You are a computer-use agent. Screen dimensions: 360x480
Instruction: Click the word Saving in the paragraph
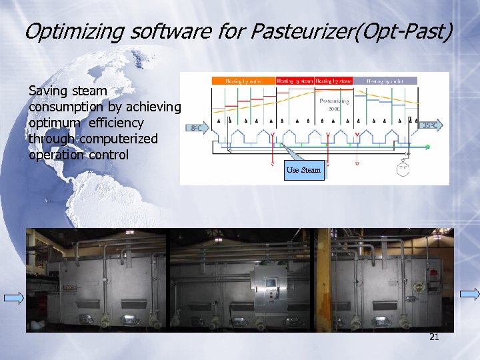(50, 90)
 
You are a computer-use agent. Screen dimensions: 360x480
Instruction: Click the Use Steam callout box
(303, 170)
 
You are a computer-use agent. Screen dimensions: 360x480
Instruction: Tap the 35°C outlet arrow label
(430, 125)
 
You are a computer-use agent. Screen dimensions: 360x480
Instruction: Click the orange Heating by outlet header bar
(243, 81)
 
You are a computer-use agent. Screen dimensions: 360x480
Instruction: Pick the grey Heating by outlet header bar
(385, 81)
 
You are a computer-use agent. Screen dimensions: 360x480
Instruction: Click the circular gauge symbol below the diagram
(403, 168)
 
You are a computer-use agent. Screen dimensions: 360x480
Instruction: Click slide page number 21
(434, 337)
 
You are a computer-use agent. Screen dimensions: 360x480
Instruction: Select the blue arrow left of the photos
(14, 297)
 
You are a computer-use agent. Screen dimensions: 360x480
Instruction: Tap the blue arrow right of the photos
(469, 293)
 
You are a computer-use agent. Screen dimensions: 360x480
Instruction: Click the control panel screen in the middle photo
(271, 283)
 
